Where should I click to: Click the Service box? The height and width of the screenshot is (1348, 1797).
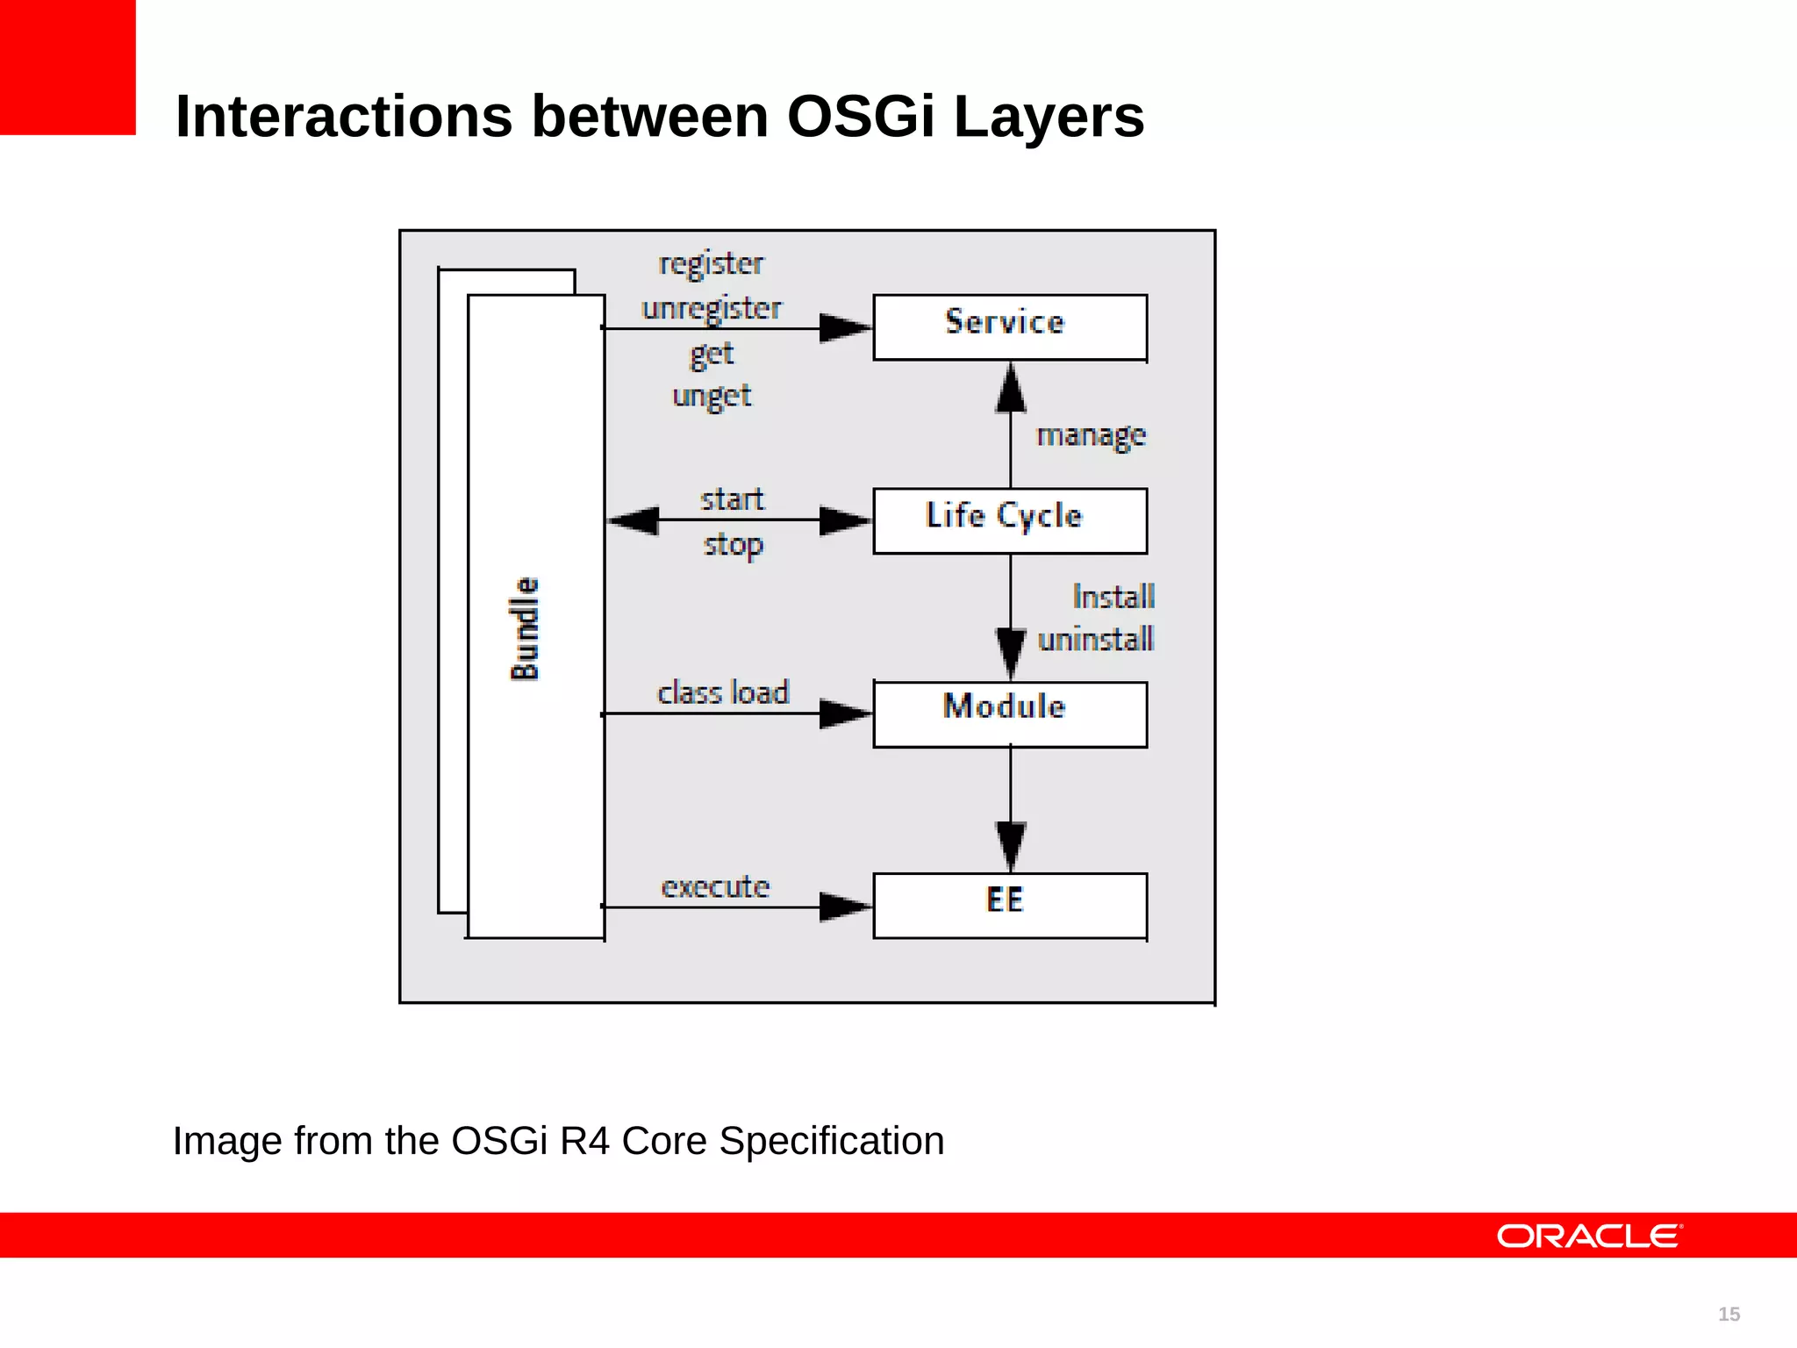tap(1009, 326)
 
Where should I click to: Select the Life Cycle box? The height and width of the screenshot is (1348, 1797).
tap(1009, 520)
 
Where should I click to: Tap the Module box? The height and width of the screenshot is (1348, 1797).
tap(1009, 713)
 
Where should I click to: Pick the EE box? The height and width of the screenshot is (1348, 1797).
tap(1009, 905)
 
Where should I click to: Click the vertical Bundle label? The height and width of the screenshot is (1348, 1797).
tap(525, 628)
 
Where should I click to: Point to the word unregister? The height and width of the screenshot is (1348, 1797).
tap(711, 308)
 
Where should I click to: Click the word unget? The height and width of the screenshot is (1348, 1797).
tap(711, 396)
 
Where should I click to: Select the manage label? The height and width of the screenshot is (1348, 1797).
tap(1091, 435)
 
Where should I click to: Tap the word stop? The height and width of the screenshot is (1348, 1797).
tap(733, 545)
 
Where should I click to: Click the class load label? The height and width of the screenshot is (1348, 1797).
tap(723, 692)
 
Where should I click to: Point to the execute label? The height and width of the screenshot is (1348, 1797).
tap(715, 886)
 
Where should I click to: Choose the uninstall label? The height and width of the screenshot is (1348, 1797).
tap(1095, 639)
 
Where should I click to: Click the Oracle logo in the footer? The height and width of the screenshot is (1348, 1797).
tap(1588, 1236)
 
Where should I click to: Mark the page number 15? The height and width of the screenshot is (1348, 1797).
tap(1729, 1314)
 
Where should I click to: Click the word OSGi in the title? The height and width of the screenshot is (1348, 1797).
tap(861, 117)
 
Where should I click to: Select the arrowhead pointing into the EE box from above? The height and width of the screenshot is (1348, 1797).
tap(1011, 846)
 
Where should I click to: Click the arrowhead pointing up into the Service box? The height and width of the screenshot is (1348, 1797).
tap(1011, 388)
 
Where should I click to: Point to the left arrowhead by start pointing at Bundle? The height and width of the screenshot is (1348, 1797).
tap(634, 520)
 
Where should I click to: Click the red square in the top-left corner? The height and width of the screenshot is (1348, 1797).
tap(68, 67)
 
